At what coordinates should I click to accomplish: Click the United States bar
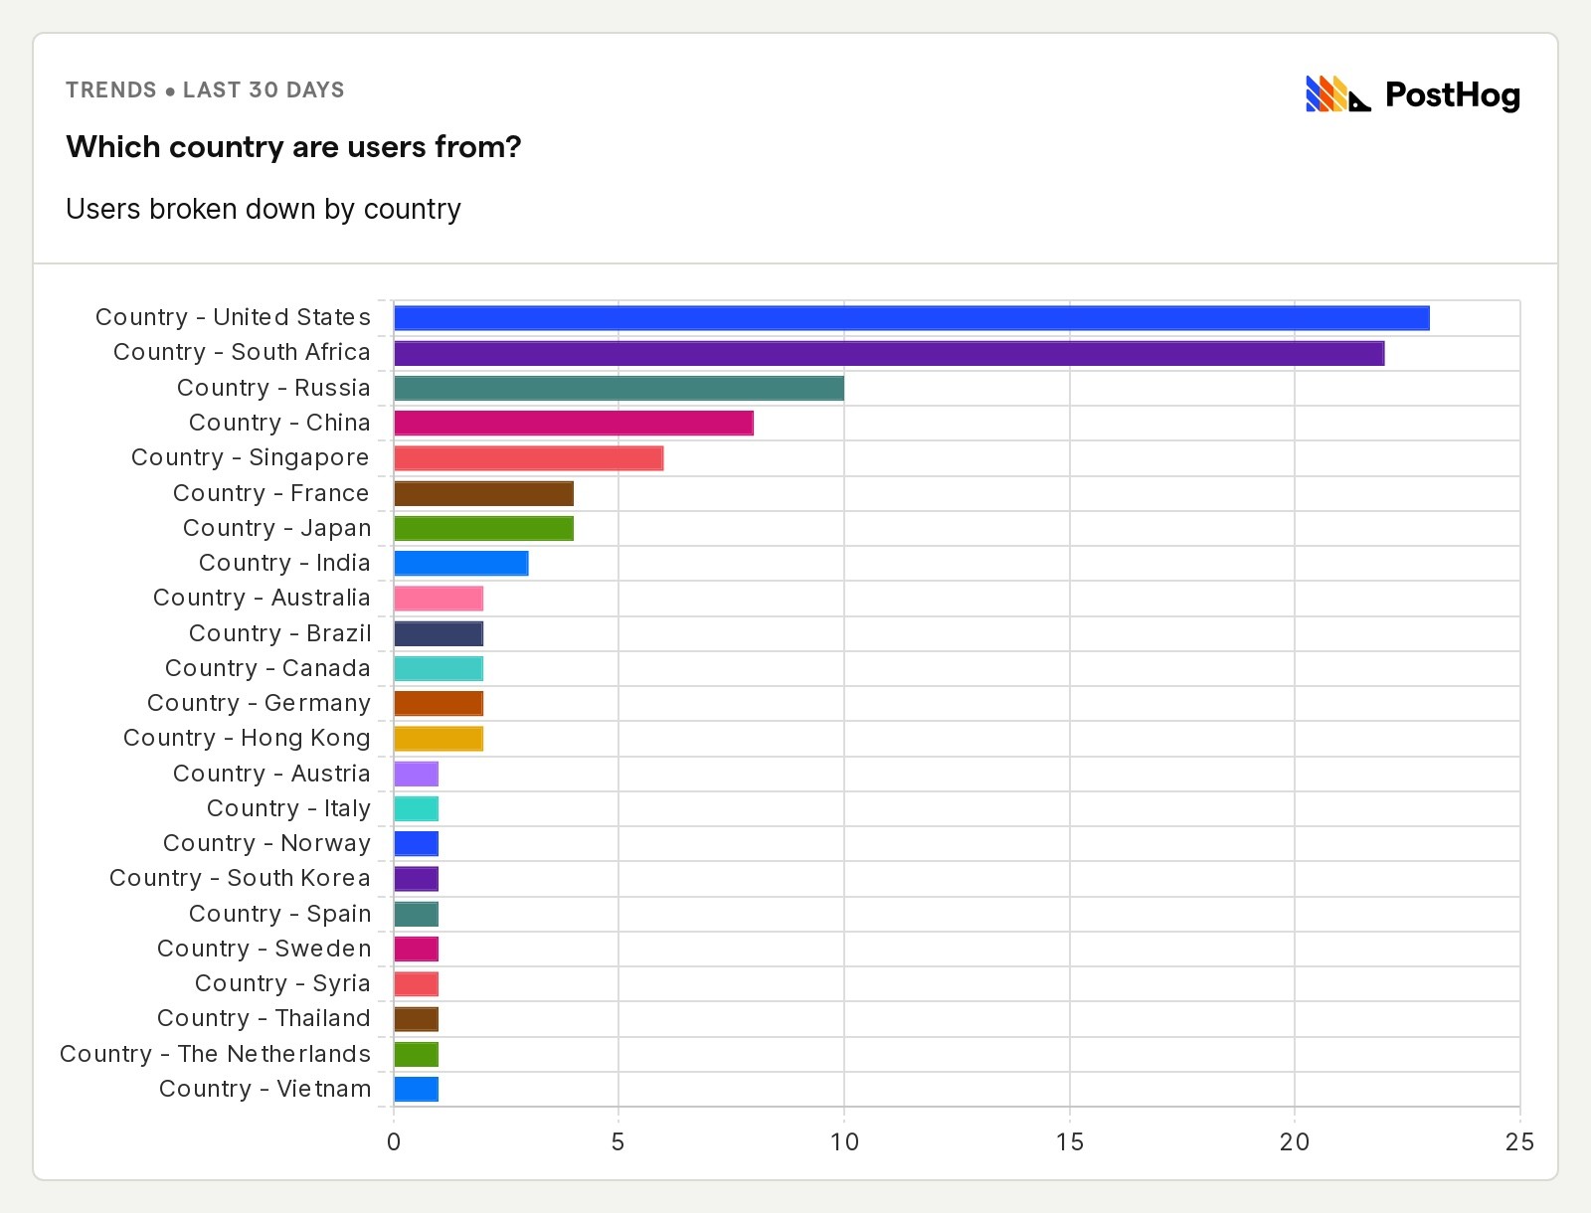pyautogui.click(x=911, y=318)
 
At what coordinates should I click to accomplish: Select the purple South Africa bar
pyautogui.click(x=888, y=353)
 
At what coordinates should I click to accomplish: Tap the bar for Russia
pyautogui.click(x=619, y=388)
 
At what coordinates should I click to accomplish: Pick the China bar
pyautogui.click(x=573, y=424)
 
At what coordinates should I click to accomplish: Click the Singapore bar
pyautogui.click(x=528, y=458)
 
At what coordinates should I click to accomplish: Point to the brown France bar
pyautogui.click(x=483, y=493)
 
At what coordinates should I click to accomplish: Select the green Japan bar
pyautogui.click(x=483, y=528)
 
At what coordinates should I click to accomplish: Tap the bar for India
pyautogui.click(x=460, y=563)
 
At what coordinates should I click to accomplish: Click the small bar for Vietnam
pyautogui.click(x=416, y=1089)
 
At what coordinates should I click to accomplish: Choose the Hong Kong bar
pyautogui.click(x=438, y=739)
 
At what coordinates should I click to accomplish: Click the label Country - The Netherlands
pyautogui.click(x=215, y=1054)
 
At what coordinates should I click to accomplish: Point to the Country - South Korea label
pyautogui.click(x=240, y=878)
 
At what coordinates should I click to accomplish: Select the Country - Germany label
pyautogui.click(x=259, y=703)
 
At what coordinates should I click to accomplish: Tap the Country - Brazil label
pyautogui.click(x=279, y=633)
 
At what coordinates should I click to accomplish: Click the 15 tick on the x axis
pyautogui.click(x=1069, y=1142)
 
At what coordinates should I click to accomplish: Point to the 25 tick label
pyautogui.click(x=1519, y=1142)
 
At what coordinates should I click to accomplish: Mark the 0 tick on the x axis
pyautogui.click(x=394, y=1142)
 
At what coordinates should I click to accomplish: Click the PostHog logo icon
pyautogui.click(x=1337, y=94)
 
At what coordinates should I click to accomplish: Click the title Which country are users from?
pyautogui.click(x=293, y=147)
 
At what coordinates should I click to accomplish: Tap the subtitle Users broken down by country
pyautogui.click(x=264, y=210)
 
